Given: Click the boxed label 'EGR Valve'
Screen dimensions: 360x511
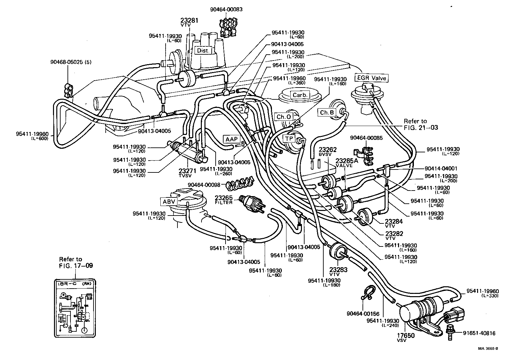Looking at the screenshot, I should pyautogui.click(x=371, y=78).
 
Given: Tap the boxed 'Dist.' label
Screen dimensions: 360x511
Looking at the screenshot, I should pyautogui.click(x=203, y=50).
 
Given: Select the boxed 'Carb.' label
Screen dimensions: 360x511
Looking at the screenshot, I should pyautogui.click(x=300, y=95).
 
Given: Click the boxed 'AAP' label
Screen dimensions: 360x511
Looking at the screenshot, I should pyautogui.click(x=231, y=139).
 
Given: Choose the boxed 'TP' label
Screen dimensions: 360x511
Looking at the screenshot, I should pyautogui.click(x=289, y=139).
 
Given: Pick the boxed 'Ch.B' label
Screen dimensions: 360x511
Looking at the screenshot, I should pyautogui.click(x=327, y=112).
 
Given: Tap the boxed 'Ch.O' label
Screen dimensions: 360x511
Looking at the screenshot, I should pyautogui.click(x=283, y=116).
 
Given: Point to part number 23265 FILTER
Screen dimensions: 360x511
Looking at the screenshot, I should pyautogui.click(x=224, y=200).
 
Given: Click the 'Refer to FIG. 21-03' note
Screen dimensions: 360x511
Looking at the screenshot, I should pyautogui.click(x=421, y=124).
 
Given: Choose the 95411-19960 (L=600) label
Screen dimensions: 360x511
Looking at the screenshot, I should pyautogui.click(x=32, y=136).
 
